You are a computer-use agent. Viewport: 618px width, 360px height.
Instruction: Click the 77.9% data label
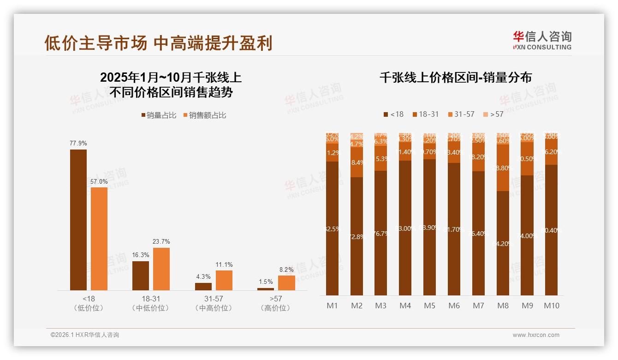pos(78,144)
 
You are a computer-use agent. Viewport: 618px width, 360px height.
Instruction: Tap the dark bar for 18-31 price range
pos(141,276)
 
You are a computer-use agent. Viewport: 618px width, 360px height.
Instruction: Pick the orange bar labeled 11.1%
pos(224,280)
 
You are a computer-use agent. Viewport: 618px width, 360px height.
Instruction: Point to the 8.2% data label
pos(286,270)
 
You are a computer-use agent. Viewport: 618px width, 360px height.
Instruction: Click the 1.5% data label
pos(266,282)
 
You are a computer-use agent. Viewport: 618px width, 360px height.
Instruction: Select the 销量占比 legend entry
pos(158,115)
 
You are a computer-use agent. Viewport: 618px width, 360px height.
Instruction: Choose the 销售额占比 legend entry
pos(205,115)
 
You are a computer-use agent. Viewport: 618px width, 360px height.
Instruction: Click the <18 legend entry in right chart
pos(393,114)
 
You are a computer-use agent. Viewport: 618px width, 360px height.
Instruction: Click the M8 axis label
pos(503,306)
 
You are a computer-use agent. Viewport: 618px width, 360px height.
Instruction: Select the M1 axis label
pos(332,306)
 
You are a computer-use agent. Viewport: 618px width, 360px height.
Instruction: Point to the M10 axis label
pos(551,306)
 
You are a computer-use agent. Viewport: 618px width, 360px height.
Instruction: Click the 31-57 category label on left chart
pos(214,303)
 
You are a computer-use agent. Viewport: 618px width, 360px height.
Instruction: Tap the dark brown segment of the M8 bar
pos(503,243)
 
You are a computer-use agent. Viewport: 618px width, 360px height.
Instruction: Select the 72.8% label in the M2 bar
pos(357,237)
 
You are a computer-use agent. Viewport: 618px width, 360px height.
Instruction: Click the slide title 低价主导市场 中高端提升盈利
pos(158,43)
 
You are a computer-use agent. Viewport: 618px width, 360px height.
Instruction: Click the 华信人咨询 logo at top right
pos(542,40)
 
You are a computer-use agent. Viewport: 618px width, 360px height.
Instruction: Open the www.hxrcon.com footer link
pos(536,335)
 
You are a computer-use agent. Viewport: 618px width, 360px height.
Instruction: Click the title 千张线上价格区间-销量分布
pos(455,78)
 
